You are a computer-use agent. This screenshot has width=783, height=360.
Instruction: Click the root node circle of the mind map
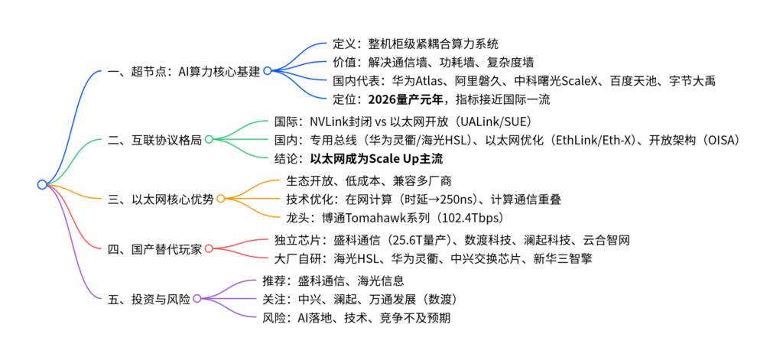click(x=42, y=184)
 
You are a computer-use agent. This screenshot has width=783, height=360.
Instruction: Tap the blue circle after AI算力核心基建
click(x=268, y=70)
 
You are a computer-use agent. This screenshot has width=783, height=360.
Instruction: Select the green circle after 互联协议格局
click(x=208, y=139)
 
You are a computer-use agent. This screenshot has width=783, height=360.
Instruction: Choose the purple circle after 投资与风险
click(x=197, y=298)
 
